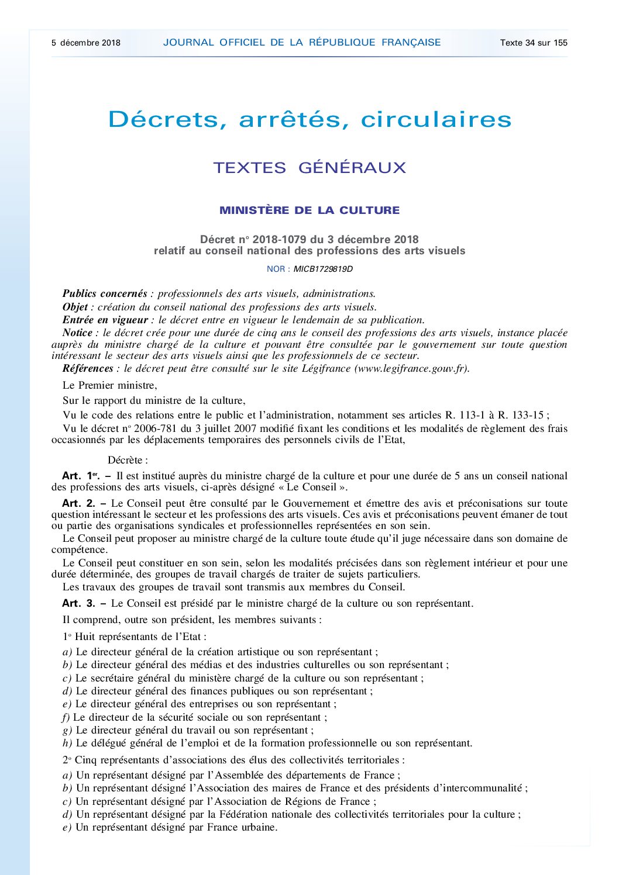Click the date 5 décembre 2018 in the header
(85, 43)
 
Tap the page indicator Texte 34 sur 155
(534, 43)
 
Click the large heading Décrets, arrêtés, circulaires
(309, 119)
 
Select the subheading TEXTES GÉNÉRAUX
(309, 168)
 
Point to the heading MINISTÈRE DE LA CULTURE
(309, 210)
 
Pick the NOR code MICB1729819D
(323, 269)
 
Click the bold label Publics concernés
(105, 293)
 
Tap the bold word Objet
(75, 307)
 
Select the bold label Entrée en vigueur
(105, 320)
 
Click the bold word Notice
(77, 333)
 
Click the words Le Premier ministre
(109, 385)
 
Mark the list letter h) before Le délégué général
(67, 743)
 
